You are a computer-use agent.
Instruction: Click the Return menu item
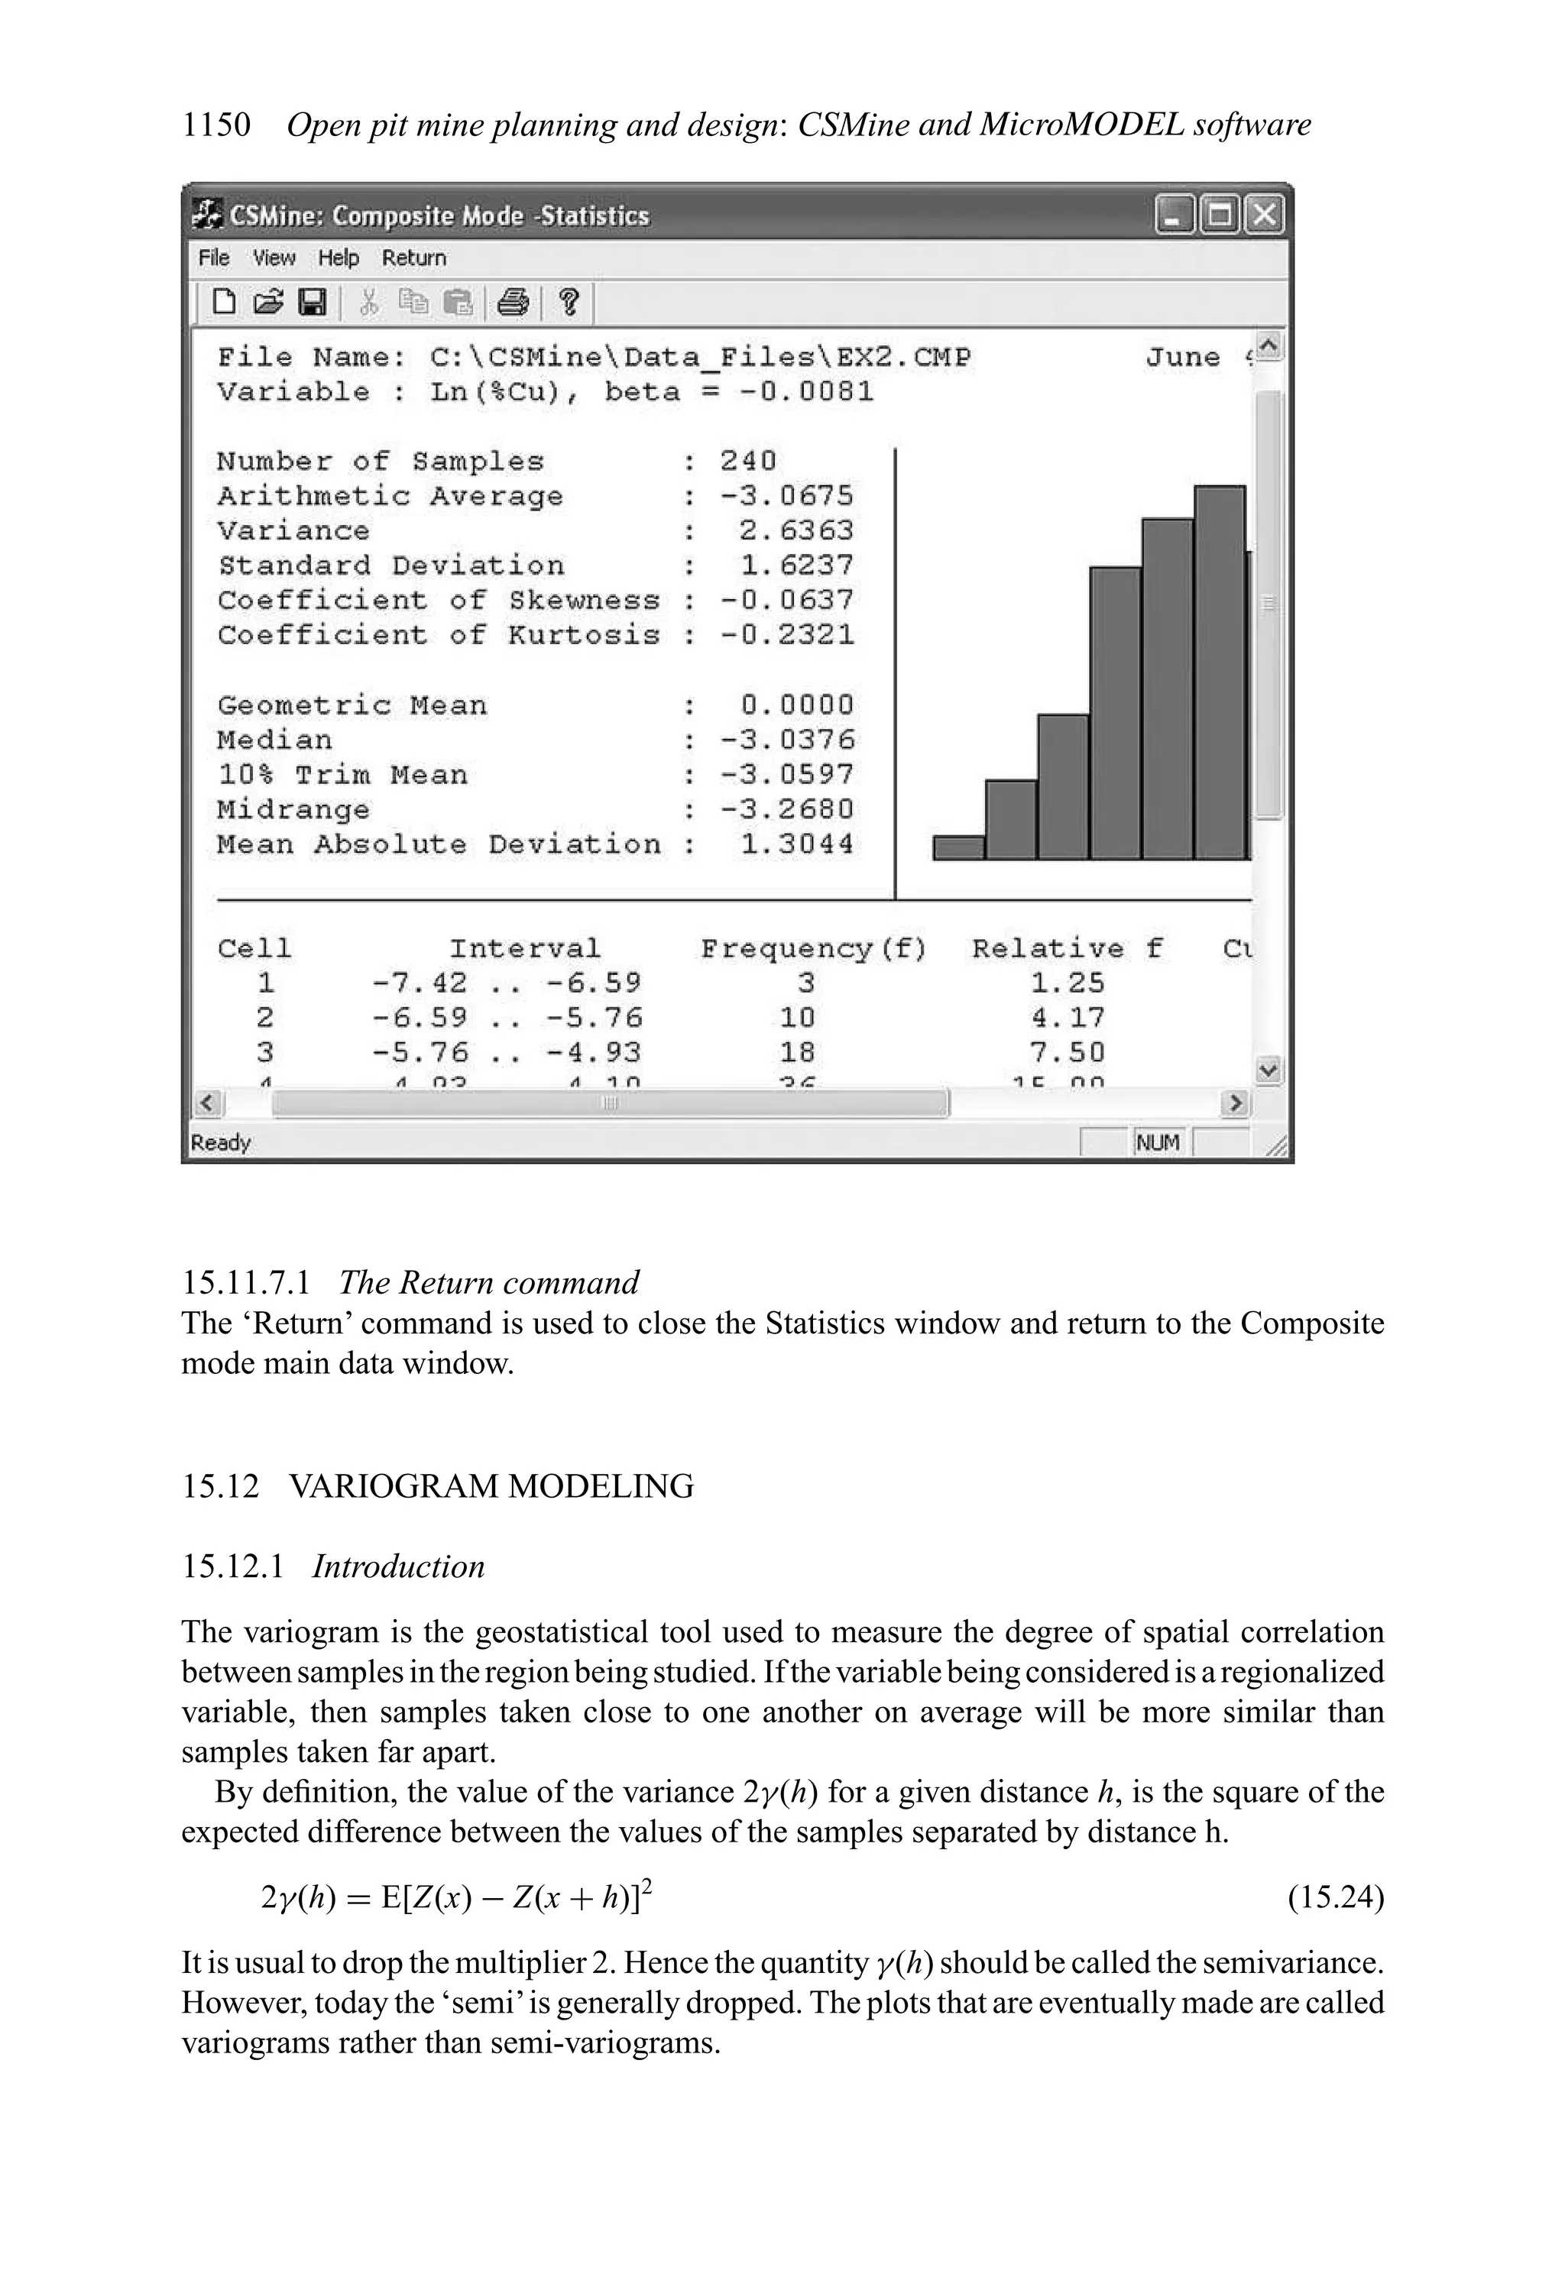413,258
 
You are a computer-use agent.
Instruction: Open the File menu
214,258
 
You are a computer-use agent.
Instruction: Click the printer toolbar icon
513,302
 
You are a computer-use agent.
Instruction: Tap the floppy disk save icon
312,302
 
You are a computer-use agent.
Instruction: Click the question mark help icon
568,302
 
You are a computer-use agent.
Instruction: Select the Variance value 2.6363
795,530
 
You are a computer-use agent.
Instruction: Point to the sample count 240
747,461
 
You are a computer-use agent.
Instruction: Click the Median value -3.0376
786,740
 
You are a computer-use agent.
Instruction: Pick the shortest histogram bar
959,848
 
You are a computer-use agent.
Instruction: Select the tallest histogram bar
1220,672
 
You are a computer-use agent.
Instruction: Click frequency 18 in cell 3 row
796,1052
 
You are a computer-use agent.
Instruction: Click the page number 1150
215,125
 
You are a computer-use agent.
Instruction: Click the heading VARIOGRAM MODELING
491,1486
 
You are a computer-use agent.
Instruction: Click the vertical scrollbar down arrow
1269,1070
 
